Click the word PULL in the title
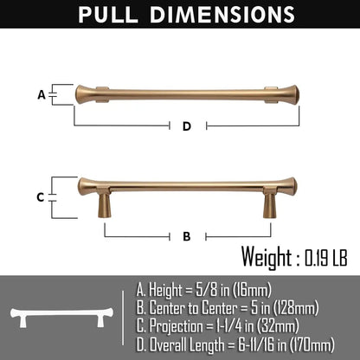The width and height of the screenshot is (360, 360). (108, 15)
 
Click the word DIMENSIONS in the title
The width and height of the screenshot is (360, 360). (222, 15)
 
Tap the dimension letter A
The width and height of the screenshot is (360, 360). (42, 94)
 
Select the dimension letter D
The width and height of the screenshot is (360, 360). (187, 126)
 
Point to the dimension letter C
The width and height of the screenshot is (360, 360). (41, 197)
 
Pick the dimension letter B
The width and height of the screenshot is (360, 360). (187, 236)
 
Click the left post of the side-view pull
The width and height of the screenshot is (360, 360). (104, 202)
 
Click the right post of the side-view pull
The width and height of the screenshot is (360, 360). (270, 202)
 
